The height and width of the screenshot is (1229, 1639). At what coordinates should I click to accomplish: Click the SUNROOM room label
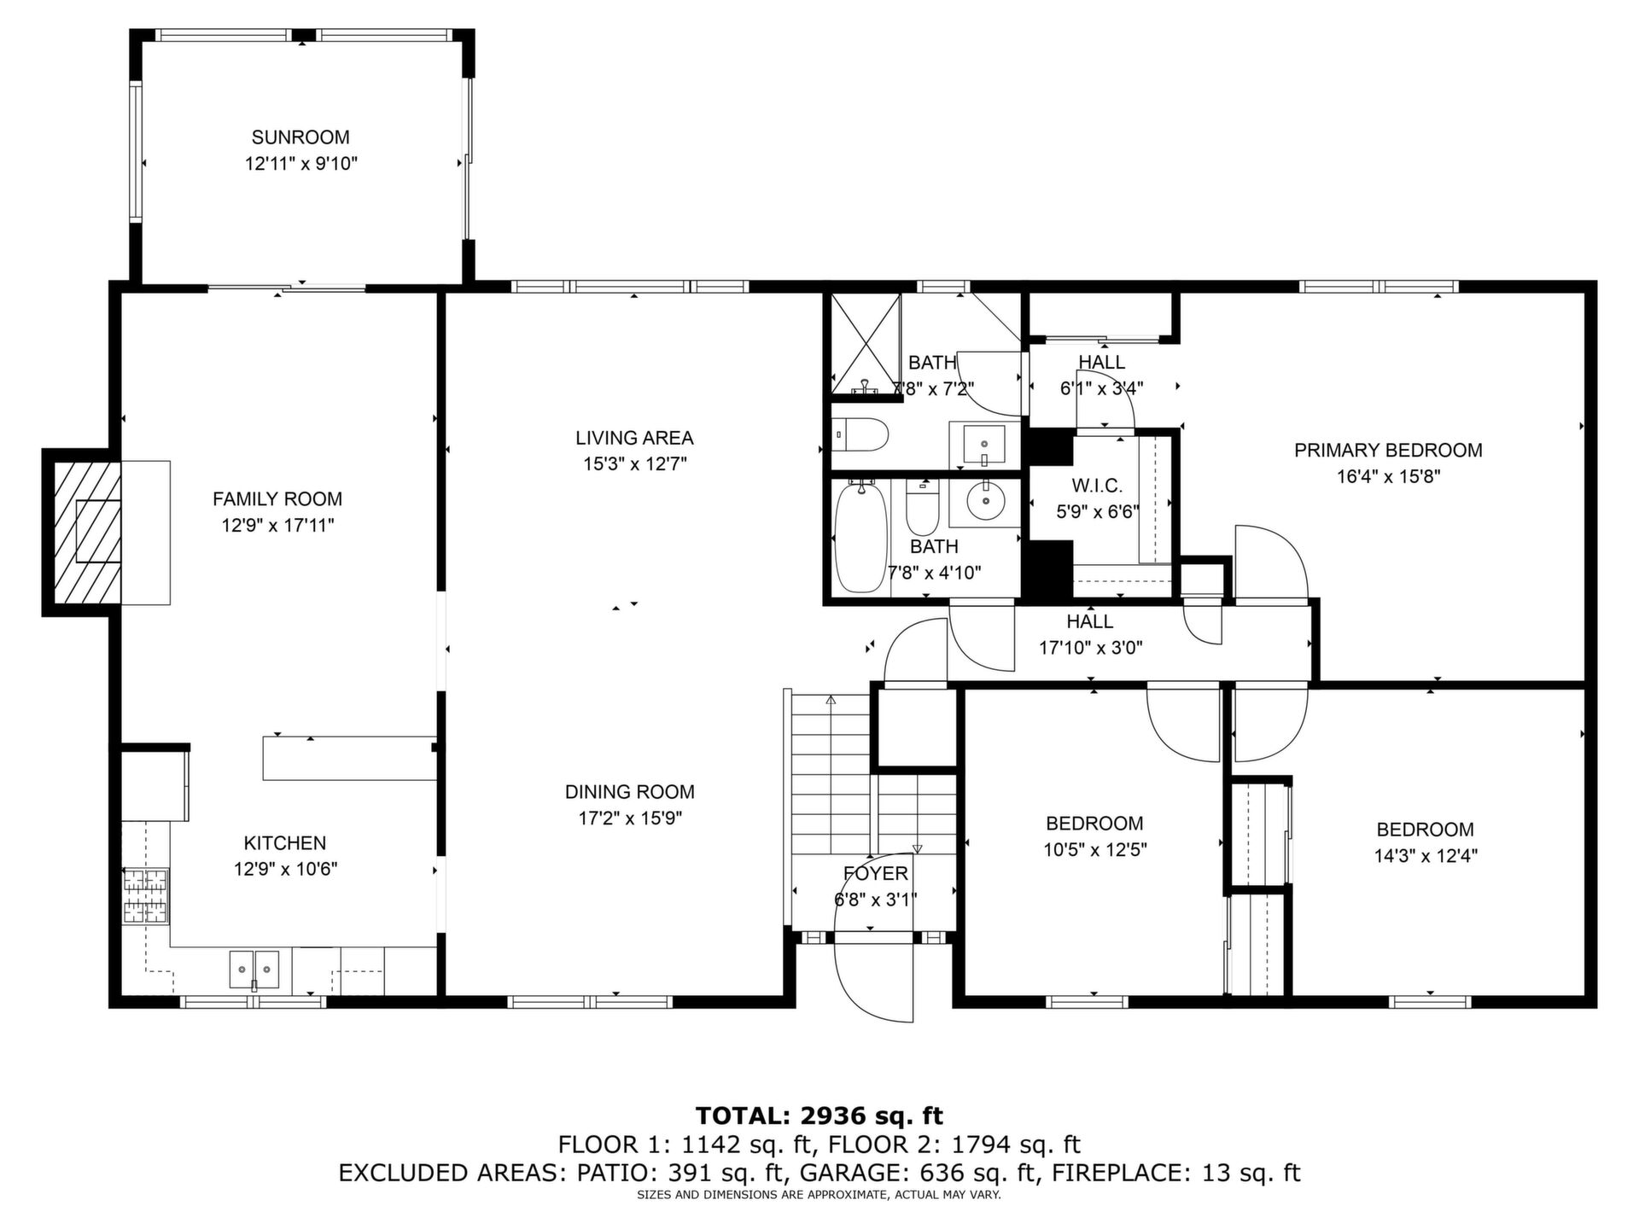click(300, 137)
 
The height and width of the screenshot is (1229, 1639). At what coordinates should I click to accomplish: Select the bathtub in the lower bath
click(860, 537)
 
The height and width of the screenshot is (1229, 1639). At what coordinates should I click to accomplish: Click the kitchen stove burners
click(146, 896)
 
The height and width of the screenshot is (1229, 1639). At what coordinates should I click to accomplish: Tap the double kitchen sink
click(255, 970)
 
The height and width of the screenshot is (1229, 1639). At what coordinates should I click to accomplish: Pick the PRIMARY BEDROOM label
click(1388, 451)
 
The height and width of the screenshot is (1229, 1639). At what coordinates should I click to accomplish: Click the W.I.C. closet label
click(1097, 486)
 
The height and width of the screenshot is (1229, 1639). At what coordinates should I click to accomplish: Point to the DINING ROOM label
click(630, 792)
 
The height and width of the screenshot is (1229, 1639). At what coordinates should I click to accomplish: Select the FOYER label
click(876, 874)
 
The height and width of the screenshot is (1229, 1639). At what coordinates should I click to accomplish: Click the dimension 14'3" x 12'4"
click(1426, 856)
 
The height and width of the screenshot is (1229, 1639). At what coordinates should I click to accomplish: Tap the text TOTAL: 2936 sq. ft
click(819, 1115)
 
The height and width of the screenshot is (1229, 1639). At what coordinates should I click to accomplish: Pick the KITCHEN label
click(285, 843)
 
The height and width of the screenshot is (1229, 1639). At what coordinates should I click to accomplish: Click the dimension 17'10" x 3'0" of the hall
click(1090, 648)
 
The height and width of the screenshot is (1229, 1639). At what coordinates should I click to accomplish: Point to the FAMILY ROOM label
click(277, 499)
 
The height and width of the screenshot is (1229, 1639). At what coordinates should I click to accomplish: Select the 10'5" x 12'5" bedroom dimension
click(1095, 850)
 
